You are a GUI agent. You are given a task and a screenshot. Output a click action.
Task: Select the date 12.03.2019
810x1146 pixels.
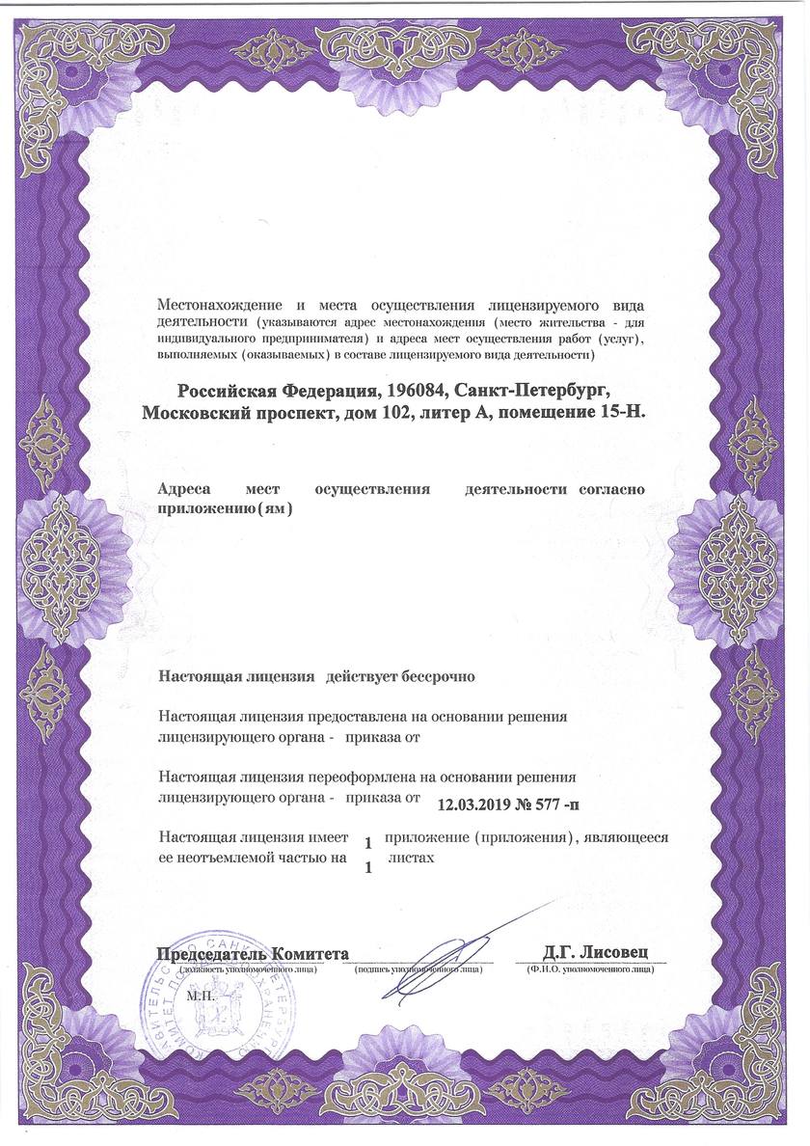click(x=479, y=803)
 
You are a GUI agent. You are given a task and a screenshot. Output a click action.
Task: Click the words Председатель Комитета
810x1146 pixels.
click(x=252, y=954)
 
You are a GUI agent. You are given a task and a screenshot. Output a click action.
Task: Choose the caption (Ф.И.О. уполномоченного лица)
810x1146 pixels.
click(x=589, y=969)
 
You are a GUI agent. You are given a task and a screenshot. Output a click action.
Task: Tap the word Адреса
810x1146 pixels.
click(x=186, y=489)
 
